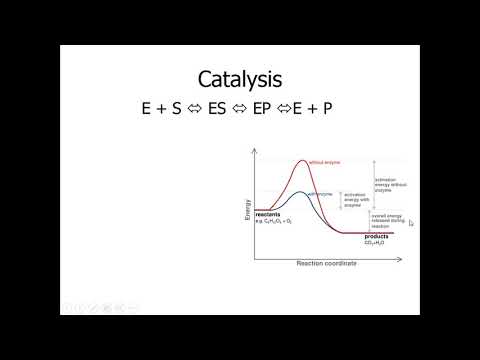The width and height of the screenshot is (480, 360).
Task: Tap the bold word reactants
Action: pos(267,213)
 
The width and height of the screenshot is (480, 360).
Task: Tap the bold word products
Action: pos(376,236)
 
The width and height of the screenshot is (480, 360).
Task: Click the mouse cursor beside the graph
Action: pos(410,223)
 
